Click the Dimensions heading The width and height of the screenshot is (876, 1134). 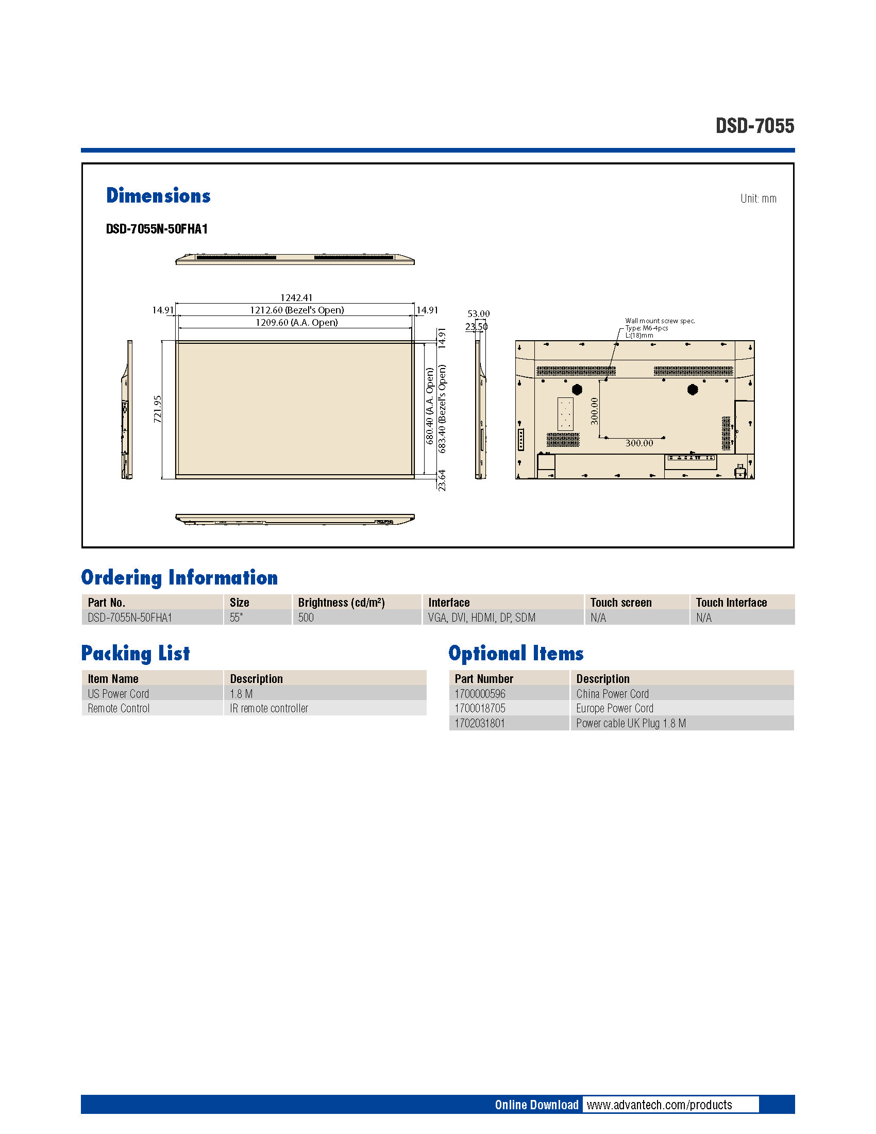tap(158, 196)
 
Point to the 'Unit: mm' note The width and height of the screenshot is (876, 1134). tap(758, 198)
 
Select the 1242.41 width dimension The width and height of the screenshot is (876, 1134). tap(296, 297)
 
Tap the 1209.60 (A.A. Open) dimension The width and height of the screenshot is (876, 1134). tap(296, 323)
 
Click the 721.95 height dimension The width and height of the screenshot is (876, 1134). tap(158, 409)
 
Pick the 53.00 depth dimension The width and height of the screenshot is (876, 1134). tap(478, 313)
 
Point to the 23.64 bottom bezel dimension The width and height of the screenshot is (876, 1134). tap(442, 480)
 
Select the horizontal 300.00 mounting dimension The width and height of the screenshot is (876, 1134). tap(639, 443)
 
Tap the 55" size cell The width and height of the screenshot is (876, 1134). tap(237, 618)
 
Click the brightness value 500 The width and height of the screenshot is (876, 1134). tap(306, 618)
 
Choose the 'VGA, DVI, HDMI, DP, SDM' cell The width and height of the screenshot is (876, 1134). tap(482, 618)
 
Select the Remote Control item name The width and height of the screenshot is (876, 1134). tap(119, 708)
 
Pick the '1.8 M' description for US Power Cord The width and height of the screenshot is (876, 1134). tap(241, 694)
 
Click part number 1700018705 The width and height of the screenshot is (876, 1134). tap(480, 708)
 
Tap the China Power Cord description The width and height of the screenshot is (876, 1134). tap(612, 694)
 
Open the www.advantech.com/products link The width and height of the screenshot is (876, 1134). tap(659, 1105)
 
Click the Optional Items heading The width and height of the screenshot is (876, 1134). tap(516, 653)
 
